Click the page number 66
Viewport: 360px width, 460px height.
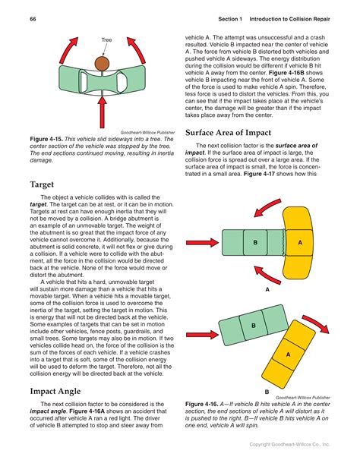pos(33,19)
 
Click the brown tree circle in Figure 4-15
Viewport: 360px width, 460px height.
pos(102,64)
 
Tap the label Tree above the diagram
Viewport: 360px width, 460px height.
pos(106,39)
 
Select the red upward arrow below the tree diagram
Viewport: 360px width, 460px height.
pos(103,112)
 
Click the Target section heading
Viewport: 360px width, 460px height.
pos(42,184)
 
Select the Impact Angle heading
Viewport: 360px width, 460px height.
pos(55,392)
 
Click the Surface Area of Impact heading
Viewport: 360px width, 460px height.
pos(228,133)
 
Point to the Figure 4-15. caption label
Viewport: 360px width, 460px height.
pos(46,139)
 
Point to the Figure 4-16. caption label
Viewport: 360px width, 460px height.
pos(202,404)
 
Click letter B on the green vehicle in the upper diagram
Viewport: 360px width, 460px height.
pos(255,242)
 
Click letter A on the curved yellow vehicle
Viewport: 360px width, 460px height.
pos(300,242)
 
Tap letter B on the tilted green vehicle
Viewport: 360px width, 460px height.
pos(254,326)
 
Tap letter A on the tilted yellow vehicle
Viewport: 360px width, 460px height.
pos(289,354)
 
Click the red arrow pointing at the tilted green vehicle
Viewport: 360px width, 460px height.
pos(203,335)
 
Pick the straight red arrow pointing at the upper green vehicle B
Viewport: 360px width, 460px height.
pos(203,243)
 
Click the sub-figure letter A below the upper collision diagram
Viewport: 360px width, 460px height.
pos(267,289)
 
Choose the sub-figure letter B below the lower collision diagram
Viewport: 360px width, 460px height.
pos(267,392)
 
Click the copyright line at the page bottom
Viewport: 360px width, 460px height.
pos(289,445)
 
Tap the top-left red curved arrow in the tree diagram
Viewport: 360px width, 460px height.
pos(68,50)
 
